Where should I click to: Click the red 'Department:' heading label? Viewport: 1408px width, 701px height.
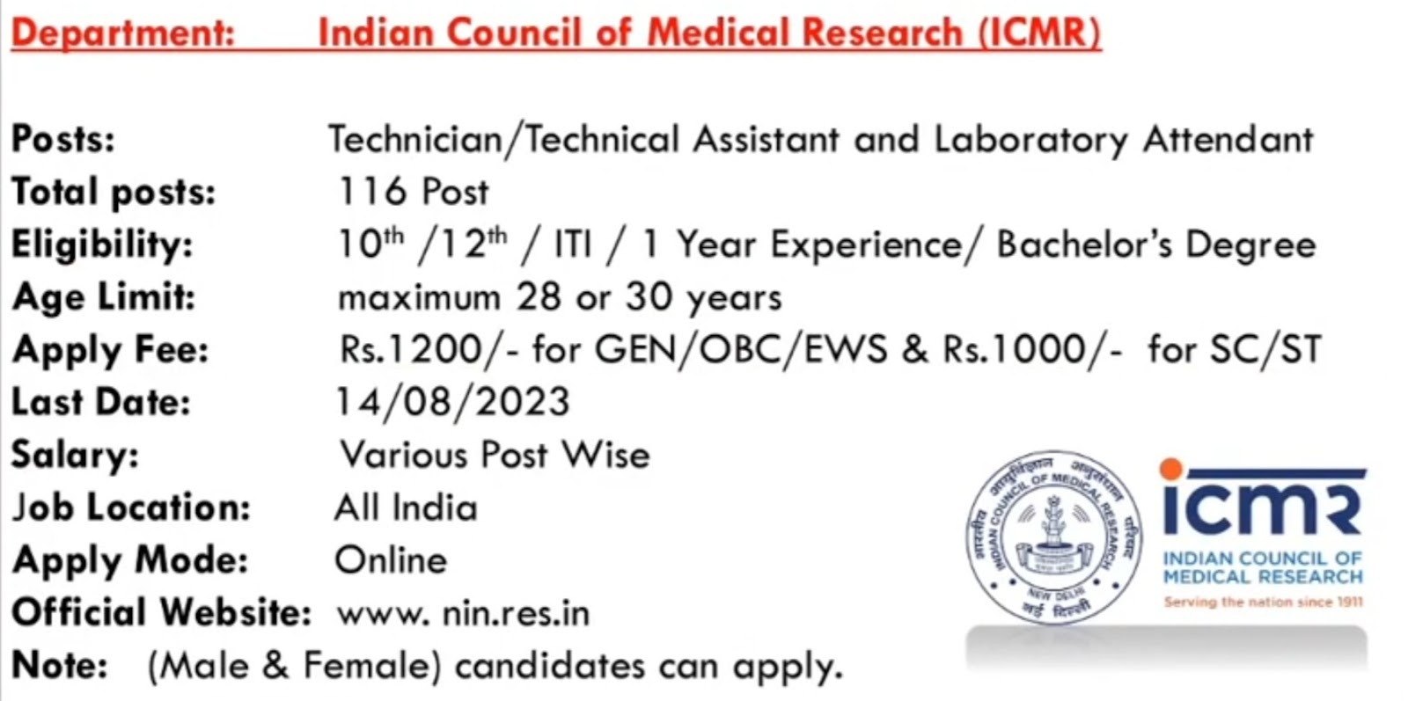(x=123, y=33)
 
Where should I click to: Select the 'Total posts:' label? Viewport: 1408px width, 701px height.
(x=114, y=193)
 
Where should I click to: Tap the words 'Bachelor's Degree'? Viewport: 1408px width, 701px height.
(x=1156, y=245)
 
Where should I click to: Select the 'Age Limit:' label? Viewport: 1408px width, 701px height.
(x=104, y=298)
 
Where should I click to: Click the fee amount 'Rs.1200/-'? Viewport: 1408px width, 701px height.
(x=429, y=349)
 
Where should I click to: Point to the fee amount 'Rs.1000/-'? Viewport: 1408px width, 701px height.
(x=1032, y=349)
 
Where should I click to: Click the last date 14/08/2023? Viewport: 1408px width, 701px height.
(x=453, y=402)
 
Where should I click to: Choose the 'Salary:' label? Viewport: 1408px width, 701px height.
(x=75, y=455)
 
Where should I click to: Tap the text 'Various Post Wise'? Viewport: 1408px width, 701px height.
(x=495, y=455)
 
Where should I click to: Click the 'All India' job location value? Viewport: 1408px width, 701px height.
(x=406, y=507)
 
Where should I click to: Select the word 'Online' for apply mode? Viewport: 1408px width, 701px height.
(x=391, y=560)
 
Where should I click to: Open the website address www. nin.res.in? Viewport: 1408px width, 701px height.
(x=464, y=614)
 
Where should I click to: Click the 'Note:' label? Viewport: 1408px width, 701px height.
(x=60, y=666)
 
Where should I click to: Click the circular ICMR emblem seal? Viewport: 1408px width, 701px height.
(x=1054, y=537)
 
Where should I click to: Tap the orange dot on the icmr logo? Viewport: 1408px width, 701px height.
(x=1171, y=469)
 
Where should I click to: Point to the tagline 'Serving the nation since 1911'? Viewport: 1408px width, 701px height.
(x=1264, y=602)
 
